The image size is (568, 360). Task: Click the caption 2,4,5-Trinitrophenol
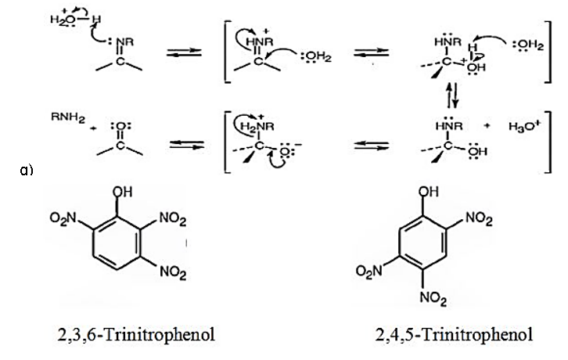[x=455, y=335]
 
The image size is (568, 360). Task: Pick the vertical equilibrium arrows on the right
[x=450, y=98]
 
